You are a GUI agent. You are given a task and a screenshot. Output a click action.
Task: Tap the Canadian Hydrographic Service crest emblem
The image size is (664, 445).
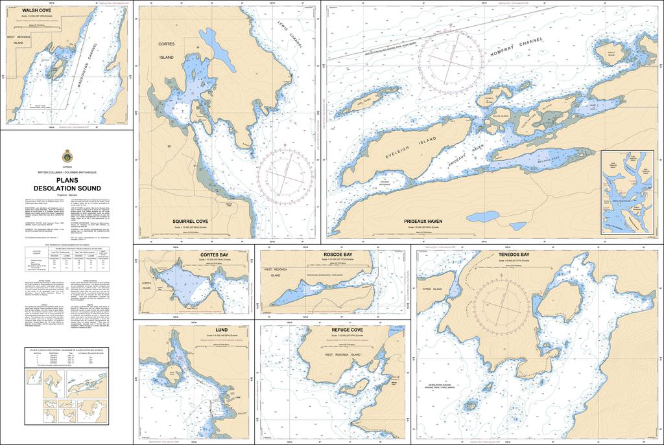[x=67, y=156]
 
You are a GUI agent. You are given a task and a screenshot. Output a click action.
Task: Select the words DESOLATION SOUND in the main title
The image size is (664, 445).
[x=67, y=188]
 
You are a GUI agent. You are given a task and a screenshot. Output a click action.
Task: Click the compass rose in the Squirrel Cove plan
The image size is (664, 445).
[x=285, y=171]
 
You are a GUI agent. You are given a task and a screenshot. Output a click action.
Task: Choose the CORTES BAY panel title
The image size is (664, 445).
[x=214, y=255]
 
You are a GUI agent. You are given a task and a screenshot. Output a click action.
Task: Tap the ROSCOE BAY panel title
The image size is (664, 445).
[x=337, y=255]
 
